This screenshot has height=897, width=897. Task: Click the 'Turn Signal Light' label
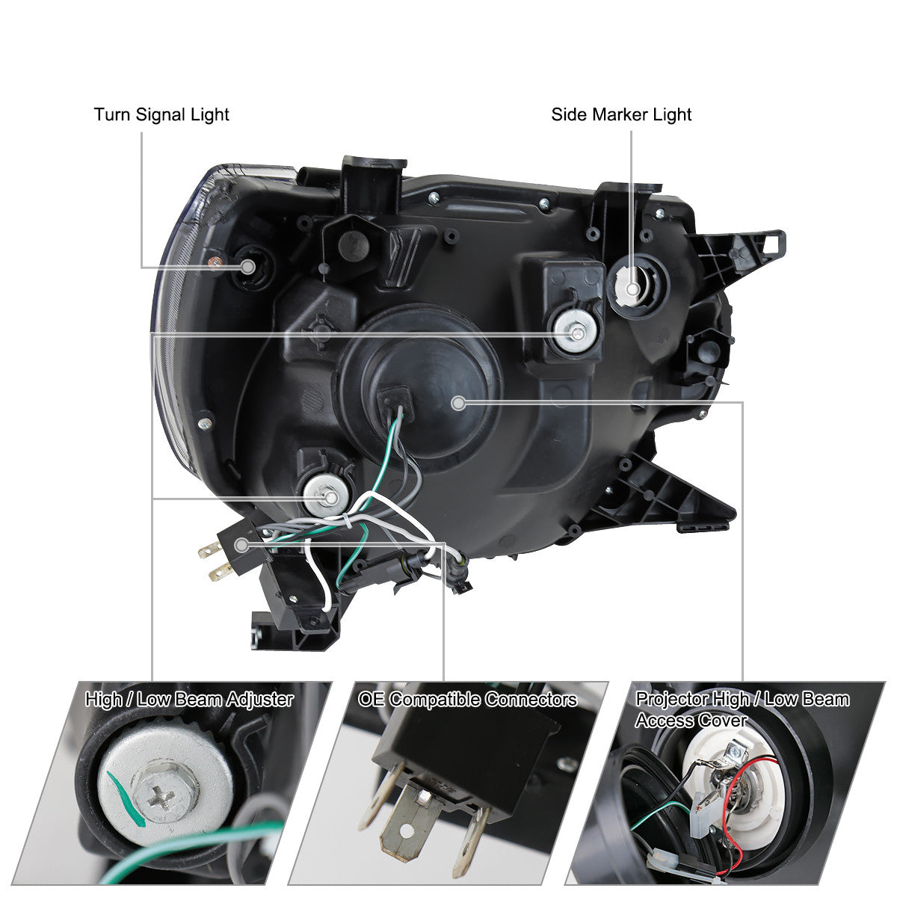(x=161, y=114)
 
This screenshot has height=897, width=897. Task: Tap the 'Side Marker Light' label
(x=621, y=114)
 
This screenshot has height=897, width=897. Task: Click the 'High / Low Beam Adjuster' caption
(x=189, y=700)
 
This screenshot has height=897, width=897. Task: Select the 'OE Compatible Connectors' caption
(x=467, y=700)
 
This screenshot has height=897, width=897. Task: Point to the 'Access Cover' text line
(x=691, y=721)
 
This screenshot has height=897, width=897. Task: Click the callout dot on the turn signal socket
(x=248, y=267)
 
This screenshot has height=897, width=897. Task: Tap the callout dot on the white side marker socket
(x=632, y=289)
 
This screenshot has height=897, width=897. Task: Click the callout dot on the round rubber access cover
(x=458, y=403)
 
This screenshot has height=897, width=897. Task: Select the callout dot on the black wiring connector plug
(x=241, y=545)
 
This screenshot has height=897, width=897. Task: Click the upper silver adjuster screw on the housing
(x=576, y=332)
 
